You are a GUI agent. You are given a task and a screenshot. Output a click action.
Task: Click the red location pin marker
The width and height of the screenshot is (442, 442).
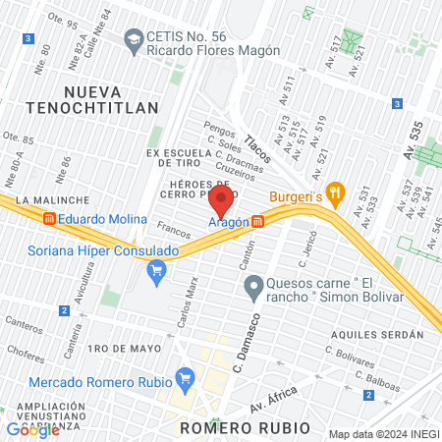(x=221, y=202)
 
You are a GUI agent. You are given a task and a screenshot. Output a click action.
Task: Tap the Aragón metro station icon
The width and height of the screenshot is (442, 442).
(x=257, y=222)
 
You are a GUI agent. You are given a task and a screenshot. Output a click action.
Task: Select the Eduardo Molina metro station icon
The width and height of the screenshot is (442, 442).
(x=48, y=220)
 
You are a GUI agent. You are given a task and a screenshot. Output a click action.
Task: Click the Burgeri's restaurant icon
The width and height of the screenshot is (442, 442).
(x=335, y=193)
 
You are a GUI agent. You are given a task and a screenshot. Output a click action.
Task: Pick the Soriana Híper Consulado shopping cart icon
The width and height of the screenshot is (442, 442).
(x=155, y=269)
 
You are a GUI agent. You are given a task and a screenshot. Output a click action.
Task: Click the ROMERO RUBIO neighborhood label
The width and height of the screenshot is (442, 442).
(x=245, y=428)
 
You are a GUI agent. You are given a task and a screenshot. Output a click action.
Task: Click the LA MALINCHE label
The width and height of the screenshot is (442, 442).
(x=48, y=198)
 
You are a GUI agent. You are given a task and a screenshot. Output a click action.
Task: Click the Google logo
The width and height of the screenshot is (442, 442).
(x=32, y=429)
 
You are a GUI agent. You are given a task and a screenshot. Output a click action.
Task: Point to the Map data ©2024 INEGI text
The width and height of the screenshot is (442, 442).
(x=383, y=434)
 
